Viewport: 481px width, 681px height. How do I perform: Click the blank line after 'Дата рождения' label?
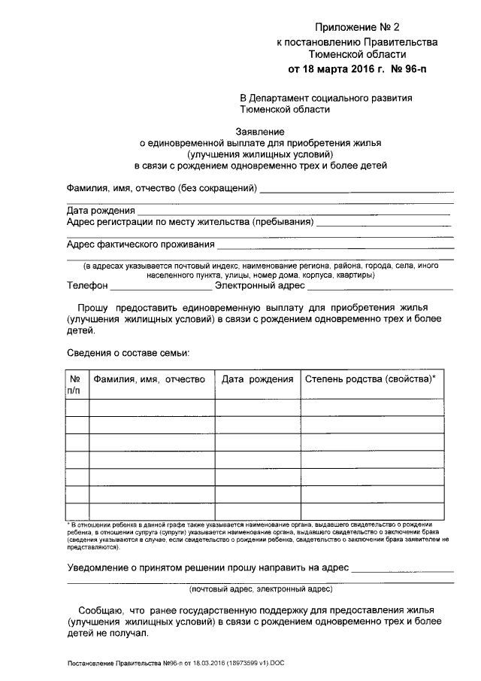coord(293,212)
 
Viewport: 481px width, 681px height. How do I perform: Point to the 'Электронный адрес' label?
coord(259,286)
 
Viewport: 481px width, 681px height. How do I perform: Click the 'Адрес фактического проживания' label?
coord(141,245)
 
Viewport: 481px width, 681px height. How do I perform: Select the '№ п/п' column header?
coord(75,385)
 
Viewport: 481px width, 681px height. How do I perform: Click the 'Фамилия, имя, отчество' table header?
coord(149,380)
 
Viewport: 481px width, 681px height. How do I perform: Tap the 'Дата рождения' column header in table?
coord(257,380)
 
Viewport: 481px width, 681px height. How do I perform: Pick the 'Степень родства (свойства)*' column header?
coord(370,380)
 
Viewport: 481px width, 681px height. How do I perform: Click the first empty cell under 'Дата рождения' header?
coord(257,408)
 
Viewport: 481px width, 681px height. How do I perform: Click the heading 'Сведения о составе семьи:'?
coord(128,352)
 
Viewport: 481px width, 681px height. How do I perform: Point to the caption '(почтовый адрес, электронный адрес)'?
coord(261,590)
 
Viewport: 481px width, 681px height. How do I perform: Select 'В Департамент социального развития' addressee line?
coord(325,99)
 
